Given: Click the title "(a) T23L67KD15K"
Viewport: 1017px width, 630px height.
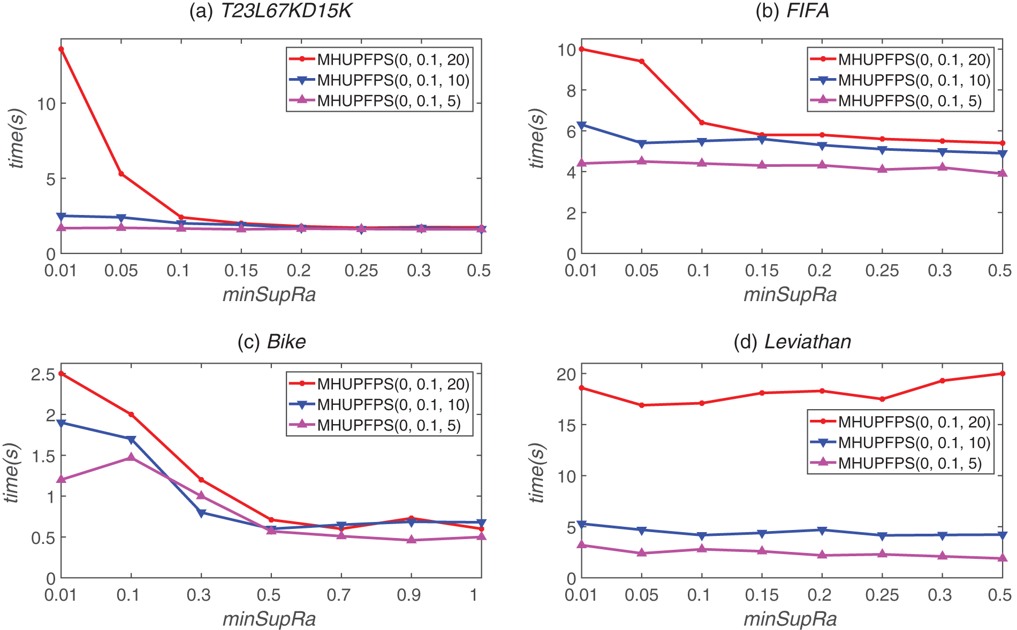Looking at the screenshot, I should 271,11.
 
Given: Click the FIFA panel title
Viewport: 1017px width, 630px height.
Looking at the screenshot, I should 792,11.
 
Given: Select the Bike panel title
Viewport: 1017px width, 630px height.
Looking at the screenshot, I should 271,341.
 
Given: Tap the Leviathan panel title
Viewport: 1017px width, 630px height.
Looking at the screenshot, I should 792,341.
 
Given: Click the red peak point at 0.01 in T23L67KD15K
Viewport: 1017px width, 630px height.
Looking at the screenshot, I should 61,49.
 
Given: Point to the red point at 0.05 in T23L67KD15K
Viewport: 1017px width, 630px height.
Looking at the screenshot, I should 122,174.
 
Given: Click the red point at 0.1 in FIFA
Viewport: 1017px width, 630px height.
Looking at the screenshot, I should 702,122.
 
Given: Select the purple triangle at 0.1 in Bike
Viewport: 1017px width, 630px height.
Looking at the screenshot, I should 131,457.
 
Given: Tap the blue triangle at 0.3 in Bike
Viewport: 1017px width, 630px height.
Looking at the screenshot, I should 201,513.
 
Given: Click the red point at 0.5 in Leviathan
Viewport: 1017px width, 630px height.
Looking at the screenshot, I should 1003,373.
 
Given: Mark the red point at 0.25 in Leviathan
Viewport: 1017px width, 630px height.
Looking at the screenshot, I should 882,399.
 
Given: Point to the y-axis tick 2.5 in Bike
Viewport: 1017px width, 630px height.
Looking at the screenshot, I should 43,374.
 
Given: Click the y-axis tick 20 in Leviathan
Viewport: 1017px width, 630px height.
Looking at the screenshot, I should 566,374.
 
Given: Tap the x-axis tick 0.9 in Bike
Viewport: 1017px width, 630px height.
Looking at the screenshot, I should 409,595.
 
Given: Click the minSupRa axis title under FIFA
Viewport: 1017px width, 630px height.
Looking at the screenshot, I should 790,294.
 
